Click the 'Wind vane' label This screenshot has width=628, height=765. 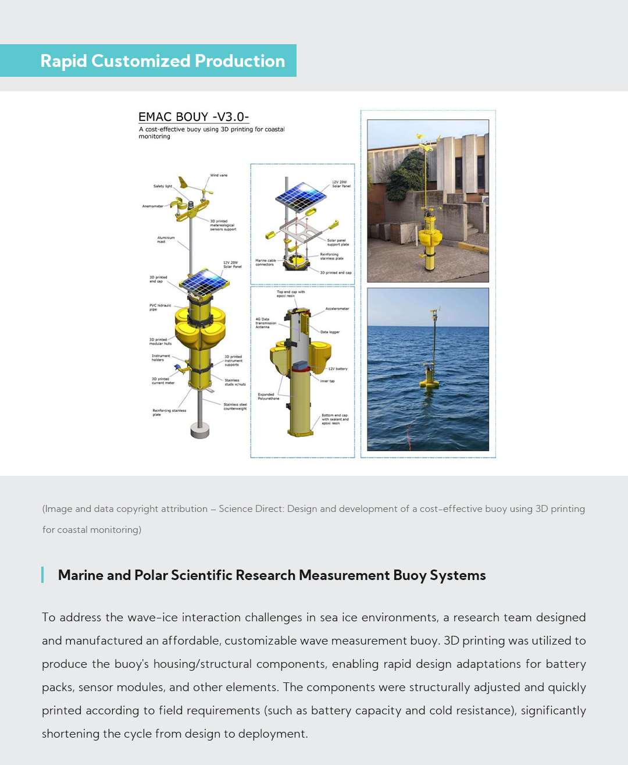219,175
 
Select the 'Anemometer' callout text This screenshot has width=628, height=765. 153,206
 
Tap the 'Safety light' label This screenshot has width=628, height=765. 163,186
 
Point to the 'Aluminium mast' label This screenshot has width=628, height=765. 166,239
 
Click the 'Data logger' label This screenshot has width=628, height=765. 330,332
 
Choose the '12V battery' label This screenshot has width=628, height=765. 338,369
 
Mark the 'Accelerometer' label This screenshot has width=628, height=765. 337,309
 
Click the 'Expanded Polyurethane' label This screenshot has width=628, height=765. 269,396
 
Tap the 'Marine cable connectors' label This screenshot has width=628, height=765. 265,262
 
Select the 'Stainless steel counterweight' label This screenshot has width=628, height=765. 235,406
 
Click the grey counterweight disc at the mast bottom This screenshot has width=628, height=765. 200,430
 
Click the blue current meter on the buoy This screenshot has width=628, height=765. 177,367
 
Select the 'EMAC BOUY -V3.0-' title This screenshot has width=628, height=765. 194,117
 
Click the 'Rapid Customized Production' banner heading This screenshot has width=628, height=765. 163,61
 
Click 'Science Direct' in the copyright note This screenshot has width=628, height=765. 251,509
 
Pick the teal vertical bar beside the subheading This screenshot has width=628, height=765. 42,575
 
